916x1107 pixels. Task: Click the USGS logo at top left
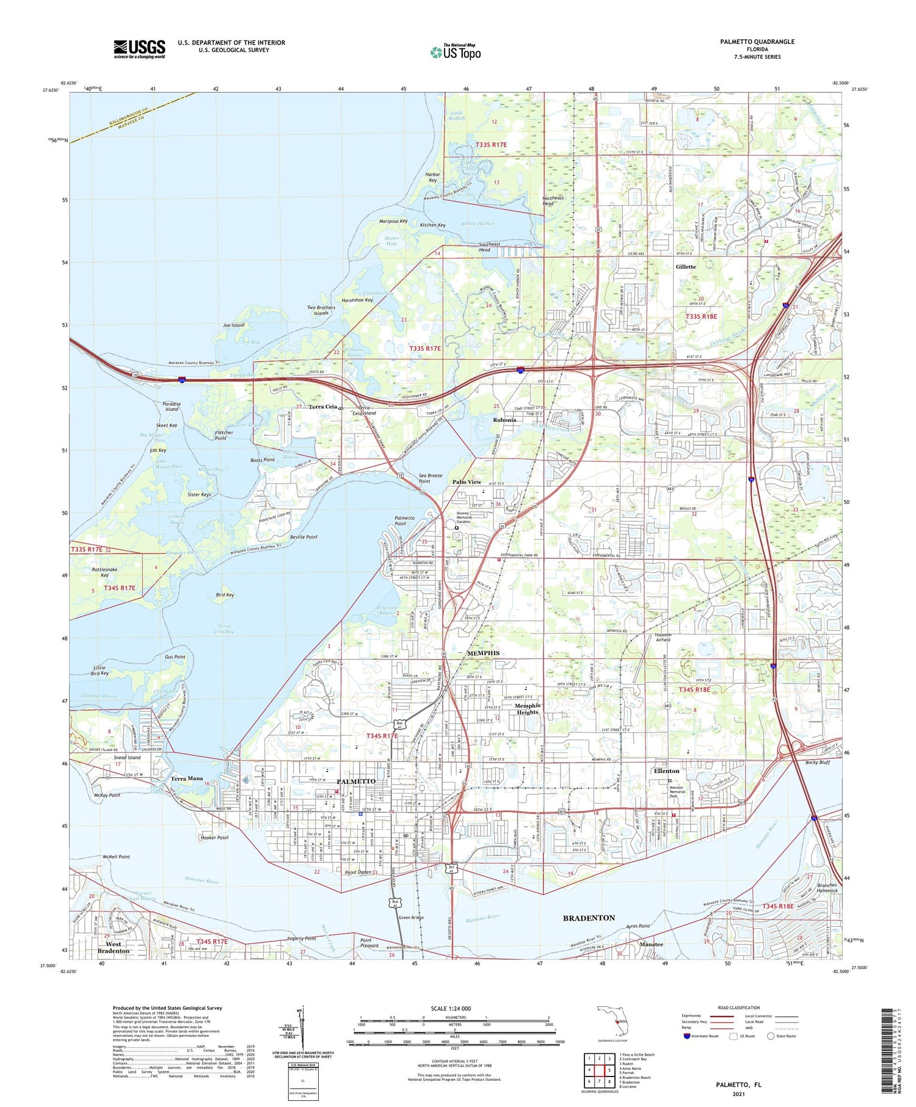[139, 49]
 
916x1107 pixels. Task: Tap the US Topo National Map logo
[455, 52]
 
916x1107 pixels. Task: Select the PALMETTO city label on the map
[356, 782]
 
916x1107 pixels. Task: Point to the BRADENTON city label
[589, 918]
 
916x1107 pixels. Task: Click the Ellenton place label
[666, 771]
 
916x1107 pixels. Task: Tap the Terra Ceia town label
[322, 407]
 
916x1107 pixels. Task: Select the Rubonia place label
[504, 420]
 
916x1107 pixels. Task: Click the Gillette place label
[686, 267]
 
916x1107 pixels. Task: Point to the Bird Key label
[225, 595]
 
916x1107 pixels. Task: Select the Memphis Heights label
[528, 709]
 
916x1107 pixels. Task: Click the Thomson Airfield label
[663, 637]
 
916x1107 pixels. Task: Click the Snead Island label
[127, 757]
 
